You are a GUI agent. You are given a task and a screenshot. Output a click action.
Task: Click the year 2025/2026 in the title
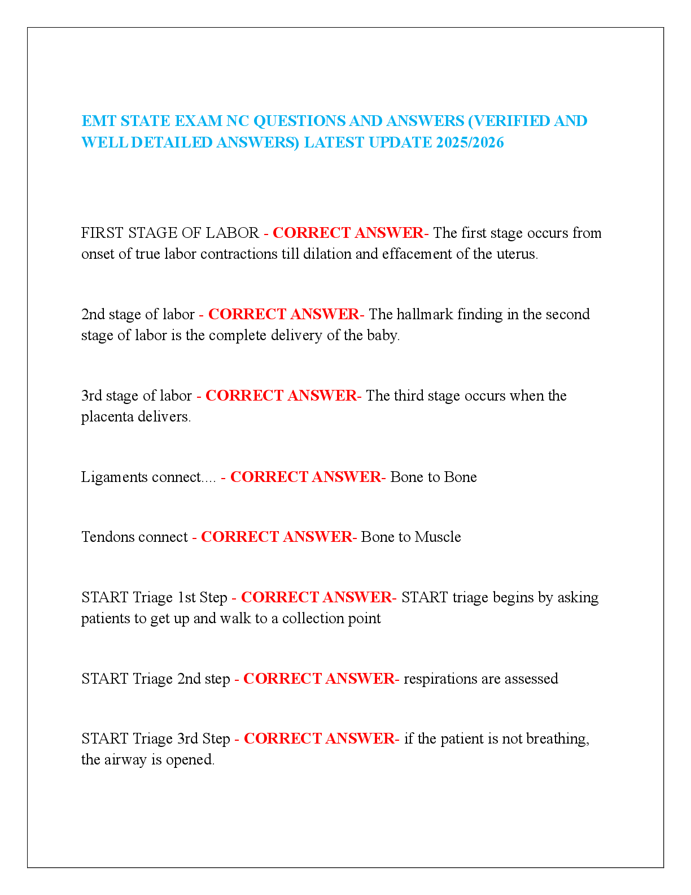point(470,142)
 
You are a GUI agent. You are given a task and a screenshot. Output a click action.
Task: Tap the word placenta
point(107,417)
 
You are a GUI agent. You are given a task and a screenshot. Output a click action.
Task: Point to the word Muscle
point(438,537)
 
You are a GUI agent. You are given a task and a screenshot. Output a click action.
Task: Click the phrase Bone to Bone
point(434,477)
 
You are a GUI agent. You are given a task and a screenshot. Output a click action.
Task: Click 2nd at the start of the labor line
point(93,314)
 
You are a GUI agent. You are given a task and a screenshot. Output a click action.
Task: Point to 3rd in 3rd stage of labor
point(91,396)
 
